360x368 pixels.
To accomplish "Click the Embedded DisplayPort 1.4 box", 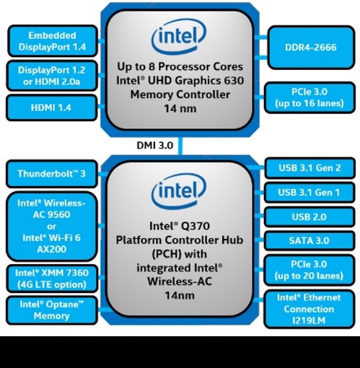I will pos(52,41).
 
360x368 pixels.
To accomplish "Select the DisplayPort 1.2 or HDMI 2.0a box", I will pos(52,74).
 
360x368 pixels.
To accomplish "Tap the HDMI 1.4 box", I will pos(52,108).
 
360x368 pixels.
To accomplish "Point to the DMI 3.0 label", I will pos(154,145).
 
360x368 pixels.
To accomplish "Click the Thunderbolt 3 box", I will pos(52,174).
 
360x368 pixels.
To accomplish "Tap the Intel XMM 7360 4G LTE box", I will pos(52,278).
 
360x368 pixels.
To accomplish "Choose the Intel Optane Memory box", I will pos(52,310).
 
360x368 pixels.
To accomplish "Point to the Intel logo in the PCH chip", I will pos(179,193).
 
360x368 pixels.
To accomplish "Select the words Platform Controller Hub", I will pos(180,241).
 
